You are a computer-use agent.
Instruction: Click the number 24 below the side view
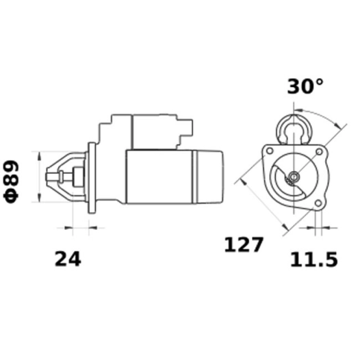(x=67, y=259)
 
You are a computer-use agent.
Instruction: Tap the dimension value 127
(x=243, y=244)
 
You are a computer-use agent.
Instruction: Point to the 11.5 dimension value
(x=313, y=259)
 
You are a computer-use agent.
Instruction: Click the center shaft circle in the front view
(x=294, y=177)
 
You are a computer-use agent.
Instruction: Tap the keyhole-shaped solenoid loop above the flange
(x=294, y=127)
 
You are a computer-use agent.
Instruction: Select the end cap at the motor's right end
(x=209, y=177)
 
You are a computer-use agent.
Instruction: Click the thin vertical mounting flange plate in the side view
(x=89, y=177)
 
